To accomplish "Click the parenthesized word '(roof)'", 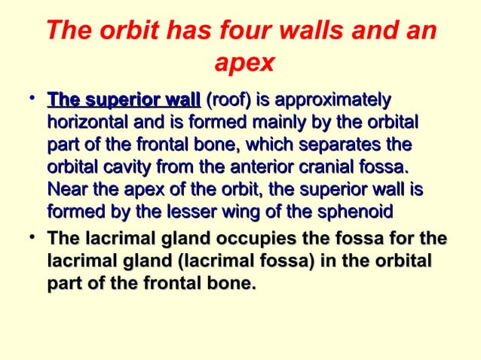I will point(228,100).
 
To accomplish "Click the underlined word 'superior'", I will point(122,100).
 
